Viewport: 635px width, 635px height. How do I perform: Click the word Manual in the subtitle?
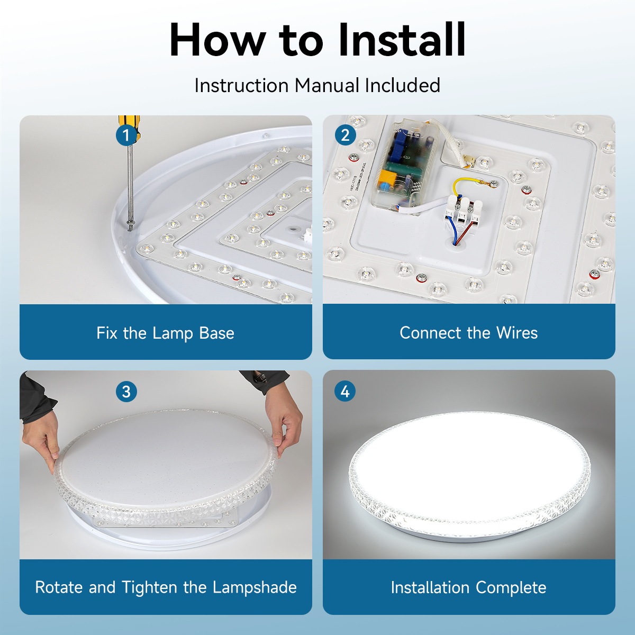point(326,85)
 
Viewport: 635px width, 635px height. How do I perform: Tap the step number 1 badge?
point(126,135)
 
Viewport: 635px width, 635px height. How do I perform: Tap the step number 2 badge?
point(345,135)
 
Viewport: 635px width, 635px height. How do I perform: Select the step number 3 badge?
point(126,392)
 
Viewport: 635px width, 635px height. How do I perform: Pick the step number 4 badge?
point(345,392)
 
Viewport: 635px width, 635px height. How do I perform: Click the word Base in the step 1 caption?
point(216,333)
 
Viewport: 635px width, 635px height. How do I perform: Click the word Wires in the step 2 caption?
point(517,332)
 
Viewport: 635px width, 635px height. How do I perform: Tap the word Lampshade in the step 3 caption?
point(255,587)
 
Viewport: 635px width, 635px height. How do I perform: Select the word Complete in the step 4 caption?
point(511,588)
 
